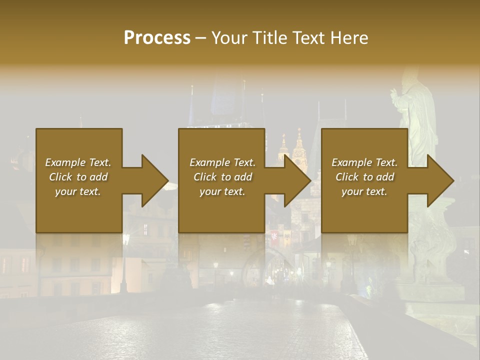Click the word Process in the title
click(x=157, y=37)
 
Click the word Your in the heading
click(x=228, y=37)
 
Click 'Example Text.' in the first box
click(x=78, y=162)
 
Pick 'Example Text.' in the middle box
click(x=222, y=162)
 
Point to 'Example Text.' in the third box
click(x=364, y=162)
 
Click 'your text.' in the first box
click(x=78, y=191)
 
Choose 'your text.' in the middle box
click(x=222, y=191)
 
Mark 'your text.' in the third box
click(x=364, y=191)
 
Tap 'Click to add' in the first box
click(x=78, y=177)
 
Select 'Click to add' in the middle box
click(x=222, y=177)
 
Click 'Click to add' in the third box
click(x=364, y=177)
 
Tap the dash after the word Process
click(x=200, y=38)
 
